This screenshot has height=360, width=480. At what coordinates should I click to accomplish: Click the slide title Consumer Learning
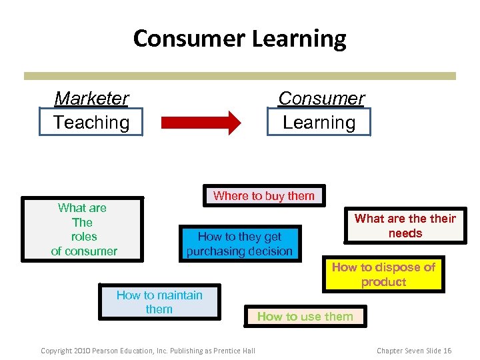[x=239, y=39]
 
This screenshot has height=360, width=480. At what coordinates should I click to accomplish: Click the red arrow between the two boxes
[x=201, y=123]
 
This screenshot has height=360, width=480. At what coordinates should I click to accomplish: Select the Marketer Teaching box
[x=91, y=111]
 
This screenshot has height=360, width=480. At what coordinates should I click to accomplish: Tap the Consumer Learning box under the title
[x=319, y=111]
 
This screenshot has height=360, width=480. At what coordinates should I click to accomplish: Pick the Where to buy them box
[x=264, y=195]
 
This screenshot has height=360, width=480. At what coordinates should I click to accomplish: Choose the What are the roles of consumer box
[x=83, y=229]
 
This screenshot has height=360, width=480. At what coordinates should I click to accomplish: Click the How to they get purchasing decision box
[x=239, y=243]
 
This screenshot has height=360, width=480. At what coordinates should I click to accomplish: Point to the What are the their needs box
[x=405, y=226]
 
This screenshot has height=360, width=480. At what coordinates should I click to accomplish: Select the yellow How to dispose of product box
[x=383, y=274]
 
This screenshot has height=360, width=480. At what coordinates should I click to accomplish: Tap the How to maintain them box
[x=159, y=302]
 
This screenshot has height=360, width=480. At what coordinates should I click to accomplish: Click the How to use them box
[x=305, y=317]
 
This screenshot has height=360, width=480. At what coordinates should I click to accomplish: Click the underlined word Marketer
[x=91, y=99]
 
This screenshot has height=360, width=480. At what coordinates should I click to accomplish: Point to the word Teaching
[x=91, y=123]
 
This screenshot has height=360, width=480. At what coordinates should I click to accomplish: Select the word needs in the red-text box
[x=405, y=233]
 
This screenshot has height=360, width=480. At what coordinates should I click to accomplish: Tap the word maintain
[x=178, y=295]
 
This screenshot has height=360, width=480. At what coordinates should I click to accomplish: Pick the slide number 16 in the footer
[x=447, y=351]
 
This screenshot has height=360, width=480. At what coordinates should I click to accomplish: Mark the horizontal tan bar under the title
[x=239, y=76]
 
